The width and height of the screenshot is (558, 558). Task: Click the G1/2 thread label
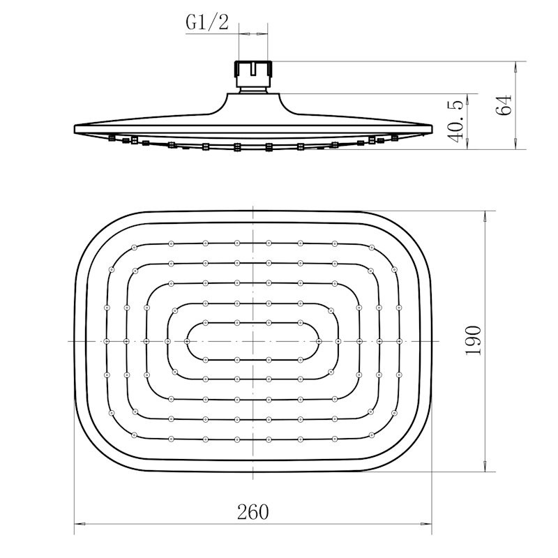(206, 22)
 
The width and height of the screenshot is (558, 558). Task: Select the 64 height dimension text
(504, 105)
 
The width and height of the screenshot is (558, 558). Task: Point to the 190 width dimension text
(474, 340)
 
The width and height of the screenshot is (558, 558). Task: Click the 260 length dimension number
(253, 512)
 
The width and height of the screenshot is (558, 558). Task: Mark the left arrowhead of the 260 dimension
(80, 524)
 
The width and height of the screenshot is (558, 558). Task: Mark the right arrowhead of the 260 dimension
(426, 524)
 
